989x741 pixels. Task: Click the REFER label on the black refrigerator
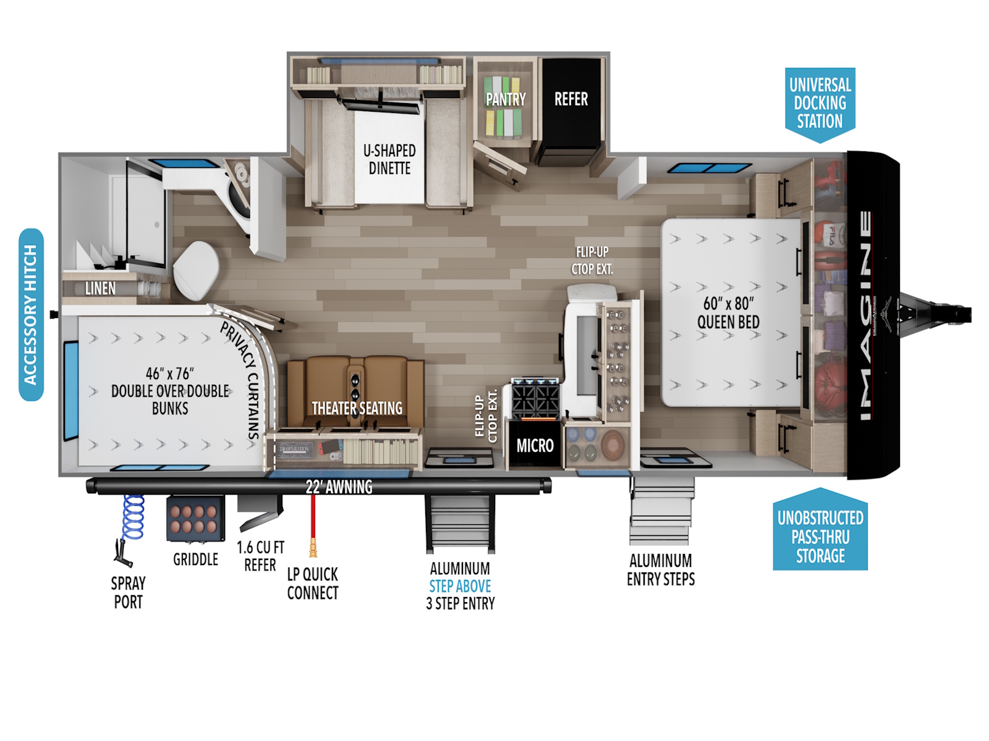tap(571, 99)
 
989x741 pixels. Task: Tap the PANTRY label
tap(506, 99)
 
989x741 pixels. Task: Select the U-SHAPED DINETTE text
tap(389, 159)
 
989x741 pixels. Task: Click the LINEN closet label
tap(100, 288)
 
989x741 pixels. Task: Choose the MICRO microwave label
tap(535, 445)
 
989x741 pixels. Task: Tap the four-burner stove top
tap(535, 398)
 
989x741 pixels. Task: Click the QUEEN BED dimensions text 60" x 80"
tap(728, 304)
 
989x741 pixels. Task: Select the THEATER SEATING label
tap(357, 408)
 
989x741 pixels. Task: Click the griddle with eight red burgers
tap(195, 518)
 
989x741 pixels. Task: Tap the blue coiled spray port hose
tap(133, 517)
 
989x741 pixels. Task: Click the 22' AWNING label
tap(339, 487)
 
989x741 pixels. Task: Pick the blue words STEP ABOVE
tap(460, 586)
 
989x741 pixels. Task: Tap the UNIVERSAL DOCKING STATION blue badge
tap(820, 104)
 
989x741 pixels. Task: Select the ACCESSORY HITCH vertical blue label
tap(31, 314)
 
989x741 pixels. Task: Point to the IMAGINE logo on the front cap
tap(865, 316)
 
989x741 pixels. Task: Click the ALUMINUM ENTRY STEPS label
tap(661, 569)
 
